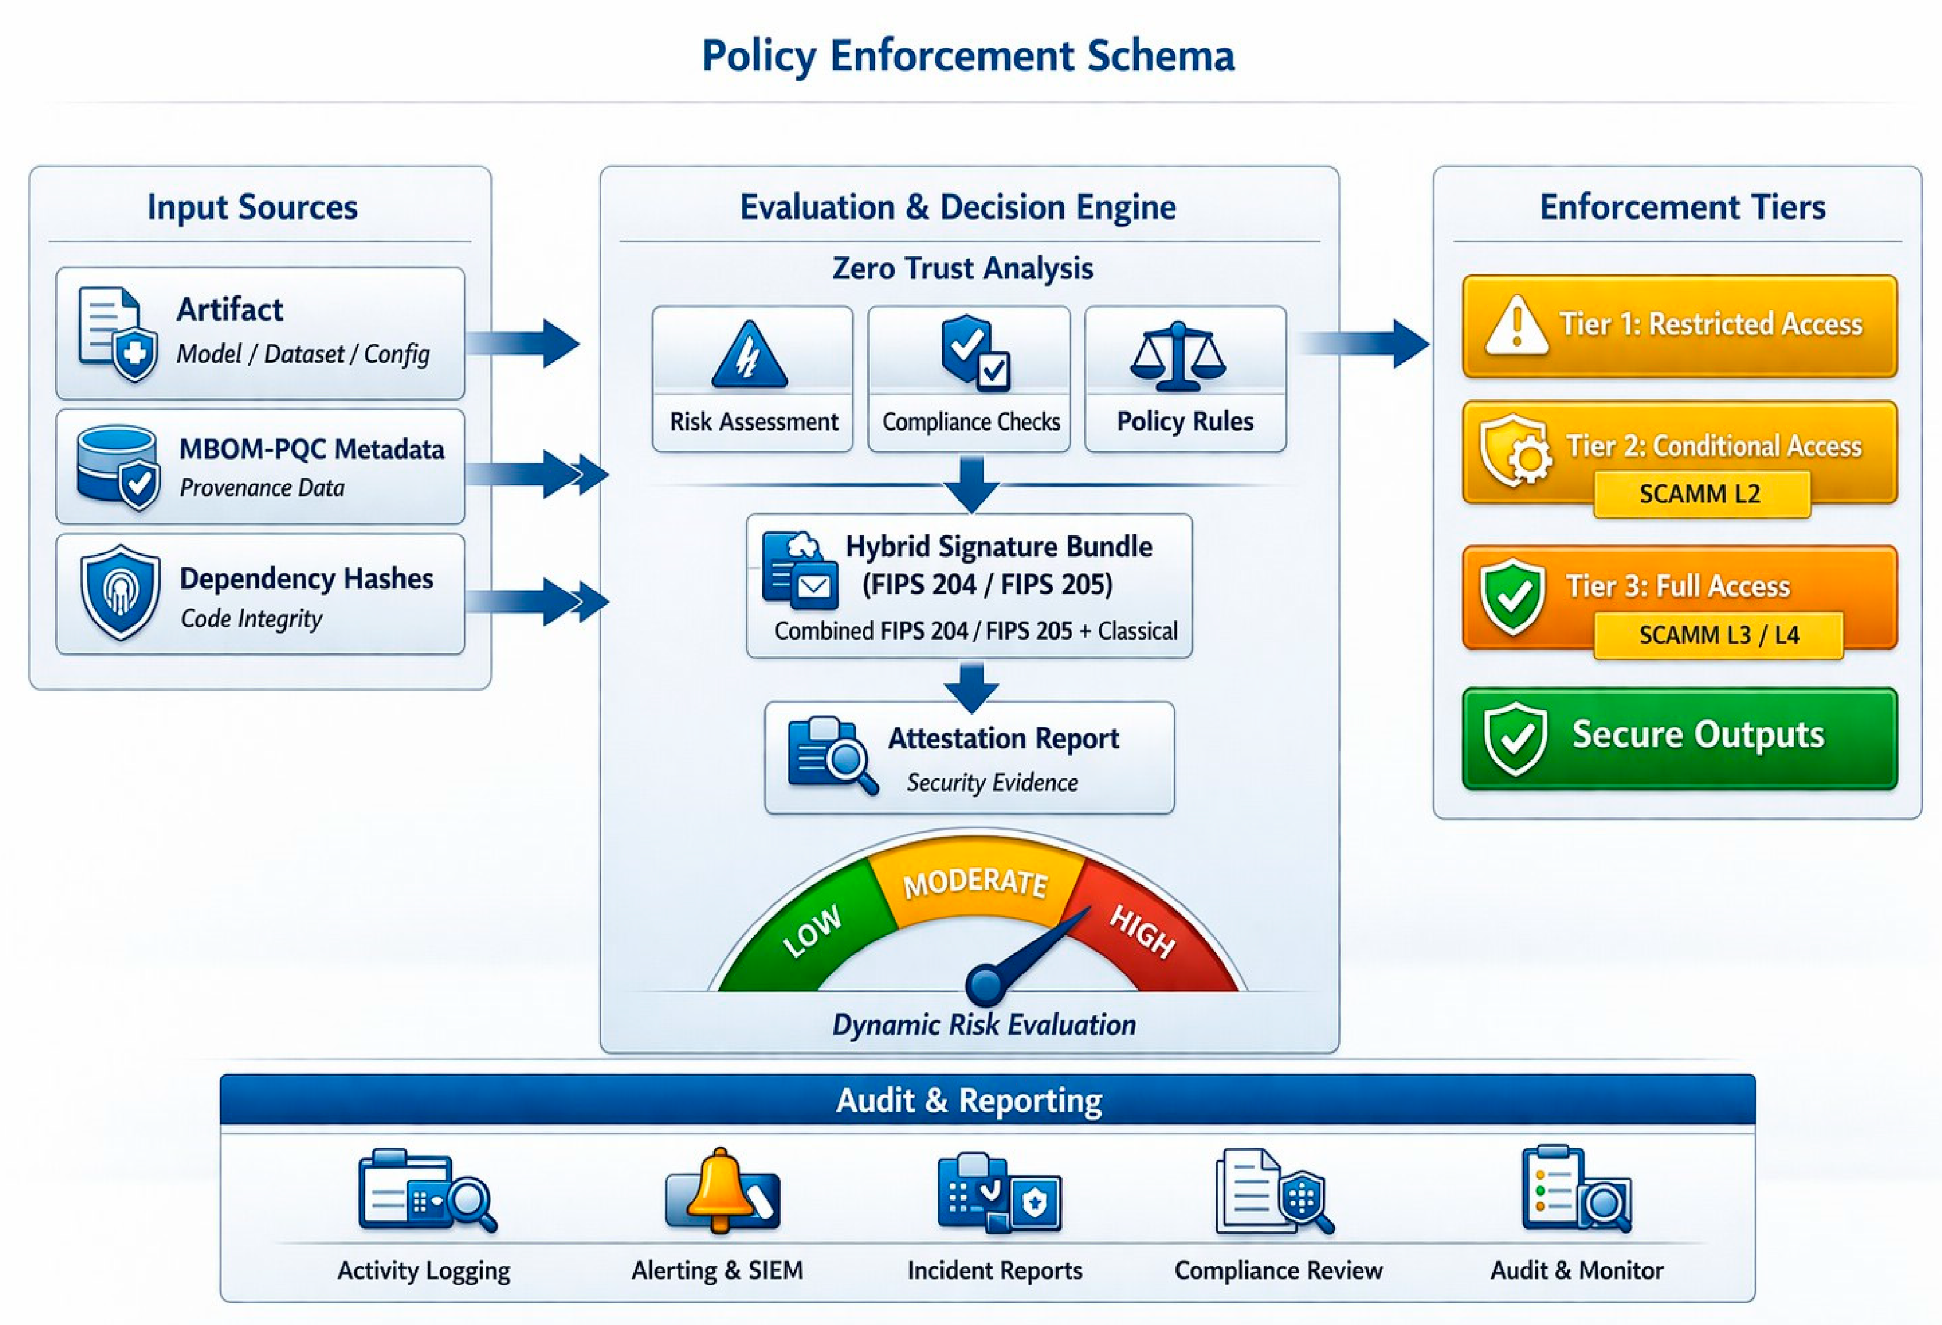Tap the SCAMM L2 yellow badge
point(1701,494)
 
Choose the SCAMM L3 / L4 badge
point(1718,635)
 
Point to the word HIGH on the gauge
point(1142,931)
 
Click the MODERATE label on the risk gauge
point(975,882)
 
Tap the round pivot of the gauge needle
point(986,986)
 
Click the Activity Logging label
point(423,1271)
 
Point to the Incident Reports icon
point(999,1192)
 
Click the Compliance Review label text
point(1278,1271)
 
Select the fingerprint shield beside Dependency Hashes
point(120,592)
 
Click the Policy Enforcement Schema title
point(968,56)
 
